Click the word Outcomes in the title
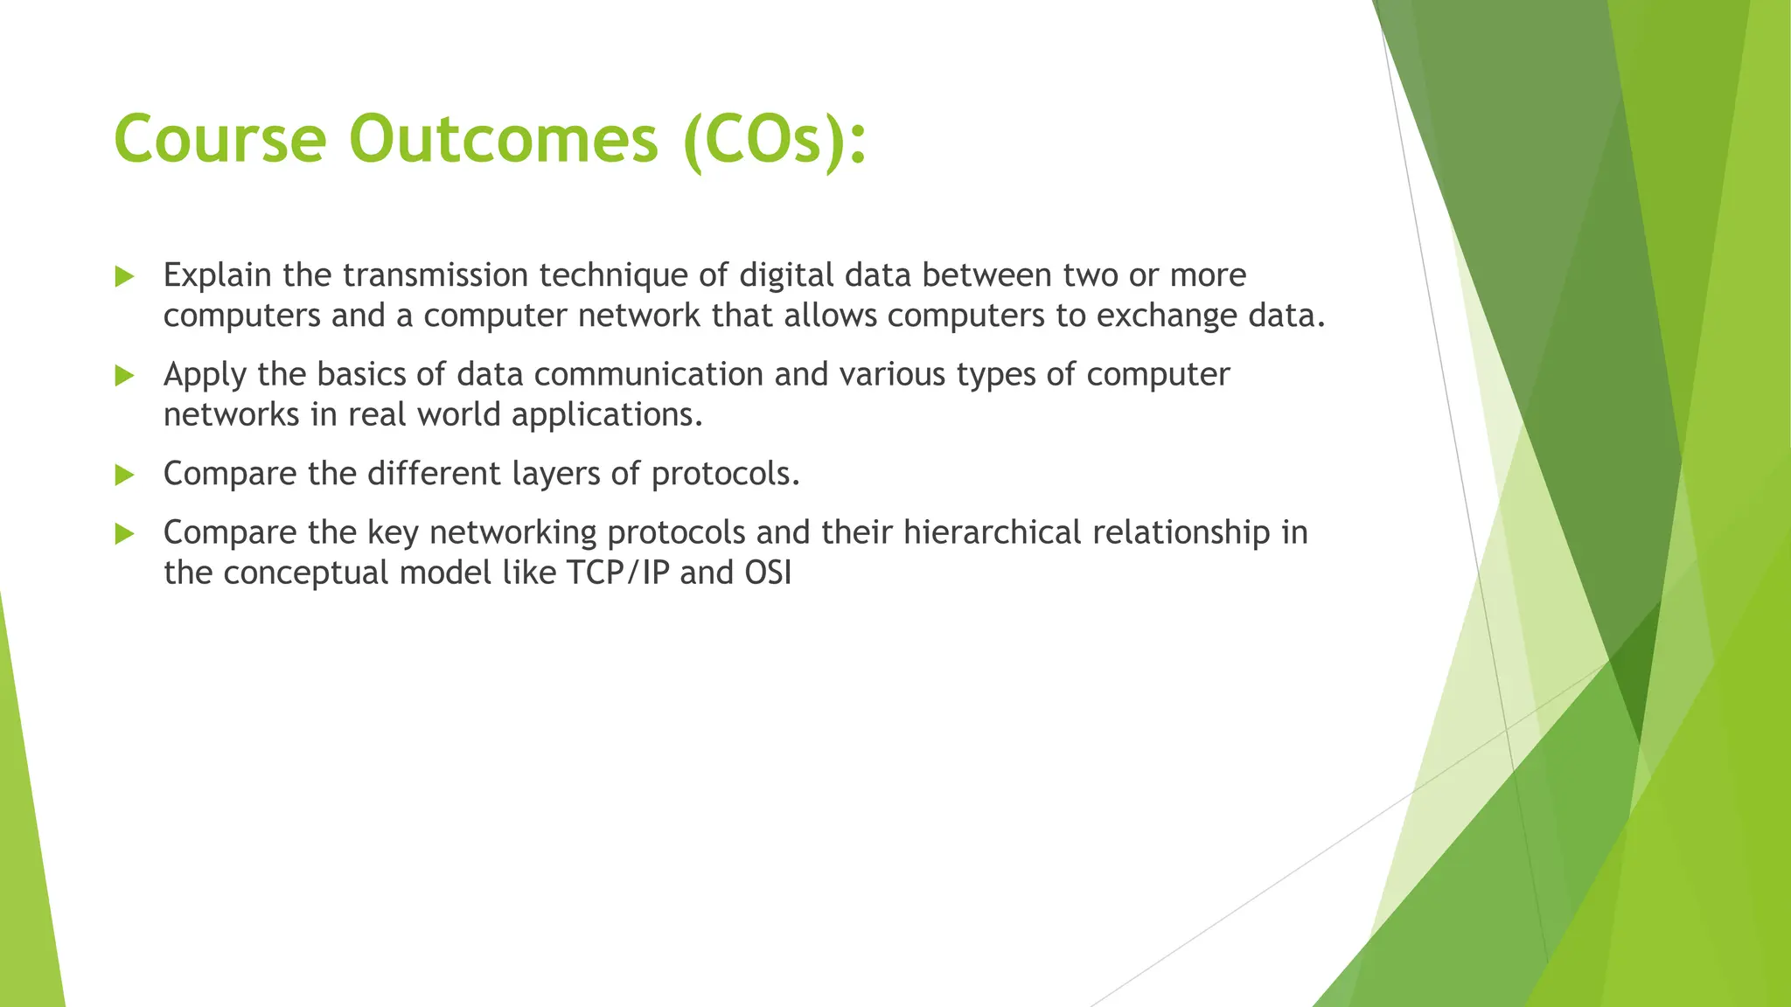pos(503,140)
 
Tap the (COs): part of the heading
pos(774,140)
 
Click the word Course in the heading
pos(220,140)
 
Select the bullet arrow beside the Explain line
pos(124,277)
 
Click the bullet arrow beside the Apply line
pos(124,376)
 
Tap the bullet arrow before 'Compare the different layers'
pos(124,476)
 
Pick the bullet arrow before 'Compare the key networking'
pos(124,534)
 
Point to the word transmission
pos(435,275)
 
